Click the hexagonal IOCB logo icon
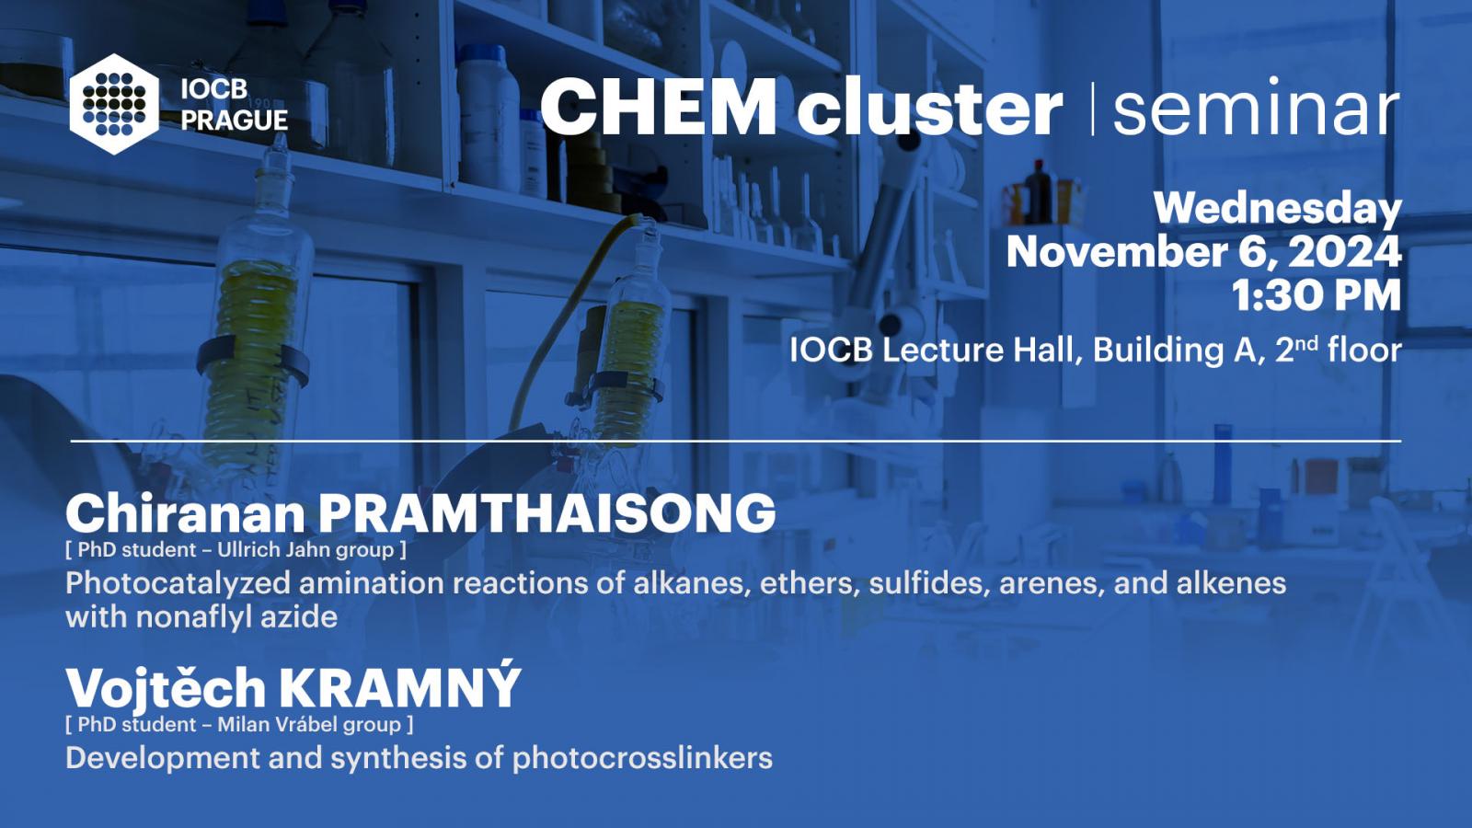click(x=114, y=105)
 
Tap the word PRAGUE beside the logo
click(x=235, y=121)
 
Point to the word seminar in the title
click(x=1256, y=107)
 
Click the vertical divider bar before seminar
click(x=1093, y=109)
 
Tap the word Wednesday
click(x=1278, y=210)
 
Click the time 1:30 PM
click(x=1317, y=295)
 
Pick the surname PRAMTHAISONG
click(x=546, y=513)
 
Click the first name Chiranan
click(x=186, y=513)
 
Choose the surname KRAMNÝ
click(x=400, y=685)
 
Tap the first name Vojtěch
click(x=166, y=686)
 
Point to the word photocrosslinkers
click(x=643, y=759)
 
